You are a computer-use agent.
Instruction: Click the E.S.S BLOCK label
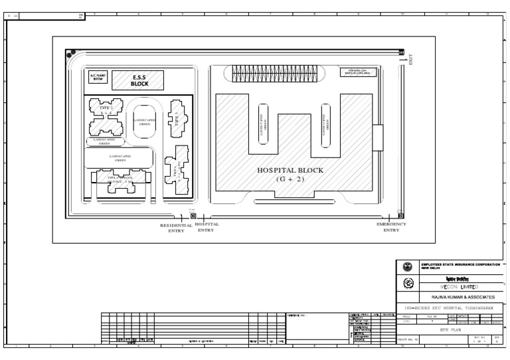139,80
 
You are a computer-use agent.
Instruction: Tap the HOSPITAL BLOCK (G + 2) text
290,175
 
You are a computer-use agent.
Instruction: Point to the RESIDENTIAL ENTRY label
176,228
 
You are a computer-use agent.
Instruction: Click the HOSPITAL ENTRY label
207,227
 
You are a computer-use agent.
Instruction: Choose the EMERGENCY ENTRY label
391,227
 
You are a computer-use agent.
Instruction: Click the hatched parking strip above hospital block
274,74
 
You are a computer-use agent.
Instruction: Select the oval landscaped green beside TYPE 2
143,120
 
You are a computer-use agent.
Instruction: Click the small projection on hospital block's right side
377,138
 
